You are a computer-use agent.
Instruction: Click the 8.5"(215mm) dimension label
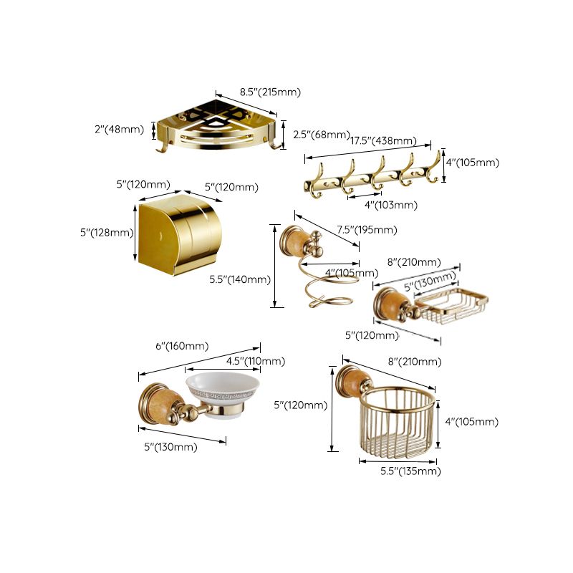coord(270,92)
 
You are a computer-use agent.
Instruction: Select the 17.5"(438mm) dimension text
coord(383,140)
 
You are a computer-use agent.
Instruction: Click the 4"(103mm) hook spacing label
coord(390,205)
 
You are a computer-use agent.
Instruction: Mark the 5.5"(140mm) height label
coord(240,279)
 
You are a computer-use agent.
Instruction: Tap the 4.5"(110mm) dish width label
coord(255,360)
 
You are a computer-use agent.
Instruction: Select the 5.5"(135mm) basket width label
coord(410,471)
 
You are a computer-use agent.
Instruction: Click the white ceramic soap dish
coord(222,390)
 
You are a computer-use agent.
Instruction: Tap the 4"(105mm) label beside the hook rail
coord(473,163)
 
